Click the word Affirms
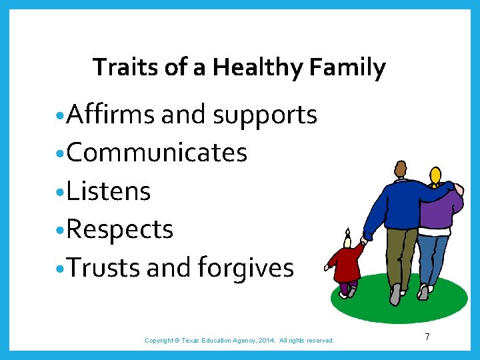(x=111, y=115)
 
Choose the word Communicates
(x=157, y=153)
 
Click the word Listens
(x=109, y=191)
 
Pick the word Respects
(x=120, y=230)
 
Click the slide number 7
(x=427, y=337)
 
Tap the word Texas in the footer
(x=193, y=341)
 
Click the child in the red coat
(x=346, y=263)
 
